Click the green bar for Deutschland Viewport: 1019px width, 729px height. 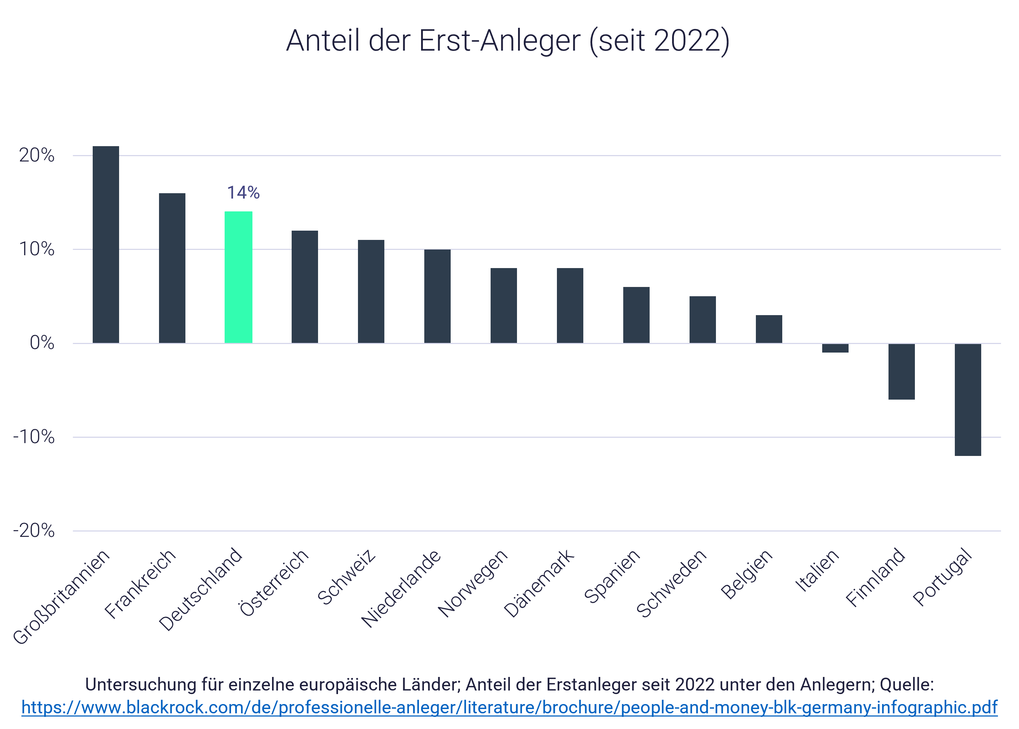[x=239, y=277]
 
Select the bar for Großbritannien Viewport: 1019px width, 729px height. [x=106, y=245]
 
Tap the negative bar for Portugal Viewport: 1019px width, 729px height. [x=968, y=400]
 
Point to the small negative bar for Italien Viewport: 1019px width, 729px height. [x=835, y=348]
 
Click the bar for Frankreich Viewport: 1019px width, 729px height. [x=172, y=268]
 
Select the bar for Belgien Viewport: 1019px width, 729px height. [x=769, y=329]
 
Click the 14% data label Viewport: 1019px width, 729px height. [x=243, y=192]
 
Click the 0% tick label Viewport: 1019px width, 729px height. [x=42, y=343]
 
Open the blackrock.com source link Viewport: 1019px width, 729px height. [x=510, y=708]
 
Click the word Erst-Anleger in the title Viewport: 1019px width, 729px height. [x=500, y=41]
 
